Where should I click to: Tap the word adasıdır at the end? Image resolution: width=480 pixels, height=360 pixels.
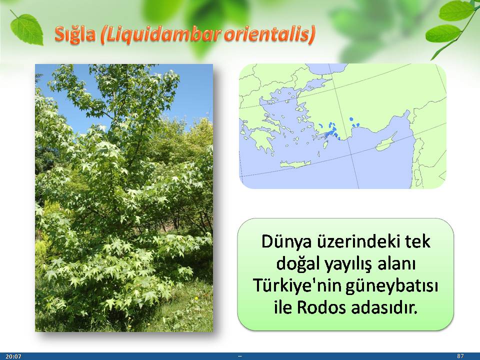(384, 307)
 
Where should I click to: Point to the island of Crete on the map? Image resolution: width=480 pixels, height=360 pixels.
(295, 164)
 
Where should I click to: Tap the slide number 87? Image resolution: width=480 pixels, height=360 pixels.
(460, 356)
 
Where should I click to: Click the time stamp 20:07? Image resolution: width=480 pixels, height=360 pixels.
(13, 356)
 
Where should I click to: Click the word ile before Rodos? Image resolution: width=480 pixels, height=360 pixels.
(283, 307)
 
